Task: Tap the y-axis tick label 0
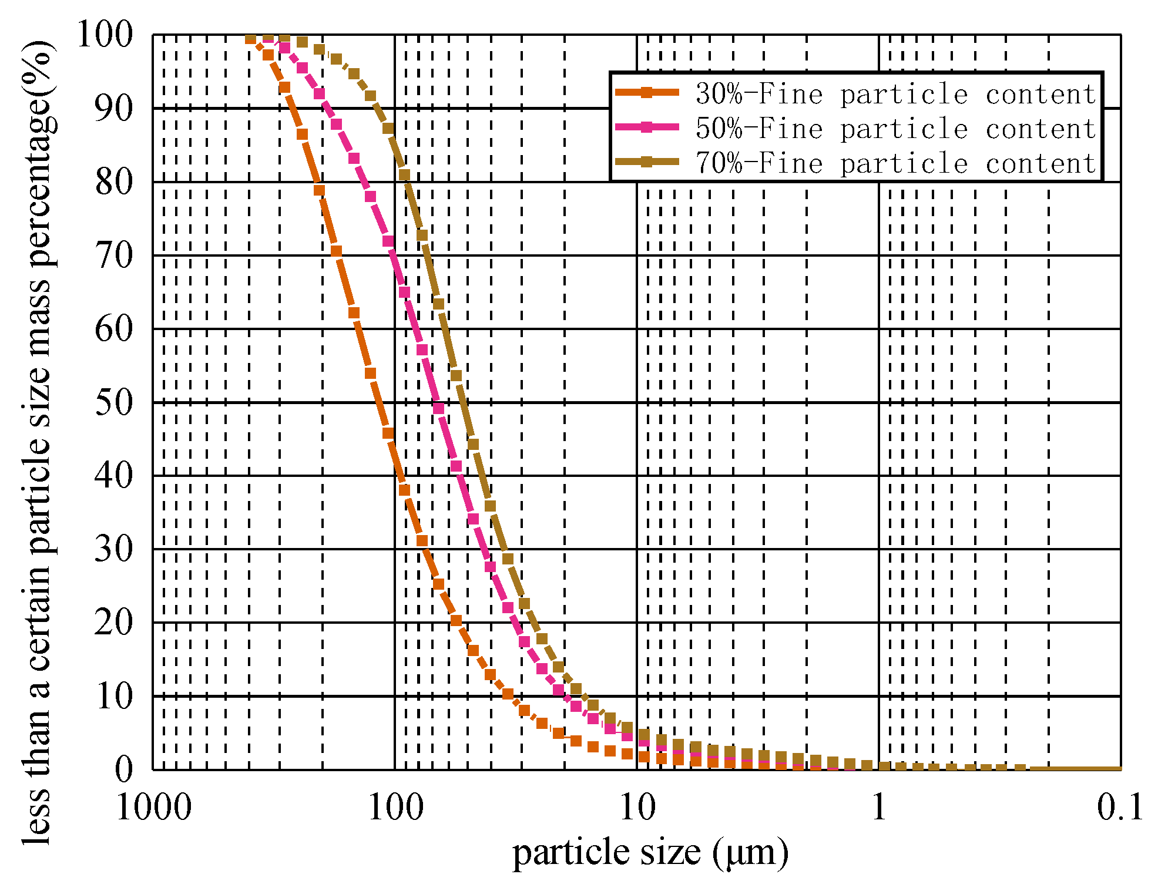(x=124, y=769)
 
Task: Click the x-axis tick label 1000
(x=154, y=807)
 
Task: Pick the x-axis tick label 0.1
(x=1120, y=807)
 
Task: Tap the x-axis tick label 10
(x=637, y=807)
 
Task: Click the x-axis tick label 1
(x=879, y=807)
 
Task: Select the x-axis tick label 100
(x=395, y=807)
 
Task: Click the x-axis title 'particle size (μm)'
(x=650, y=853)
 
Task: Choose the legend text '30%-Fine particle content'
(x=895, y=94)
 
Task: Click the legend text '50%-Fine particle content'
(x=895, y=128)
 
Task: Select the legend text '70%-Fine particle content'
(x=895, y=163)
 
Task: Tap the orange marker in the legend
(x=646, y=92)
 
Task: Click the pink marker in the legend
(x=646, y=127)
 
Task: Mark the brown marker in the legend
(x=646, y=162)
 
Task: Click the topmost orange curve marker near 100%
(x=250, y=39)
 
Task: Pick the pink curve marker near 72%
(x=388, y=241)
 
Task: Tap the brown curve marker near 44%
(x=473, y=444)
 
